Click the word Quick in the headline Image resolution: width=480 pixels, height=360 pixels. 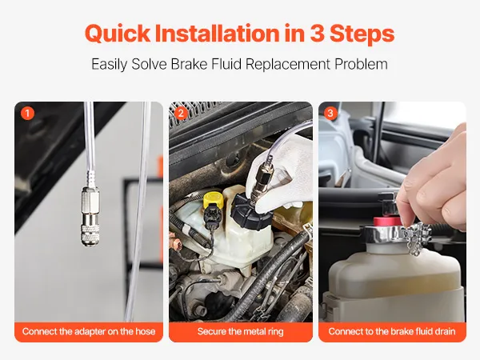(118, 34)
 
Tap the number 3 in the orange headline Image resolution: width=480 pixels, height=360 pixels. (317, 33)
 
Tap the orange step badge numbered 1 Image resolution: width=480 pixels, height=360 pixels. (27, 114)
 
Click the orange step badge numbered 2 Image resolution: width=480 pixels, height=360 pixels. (181, 114)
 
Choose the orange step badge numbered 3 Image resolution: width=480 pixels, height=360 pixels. (330, 114)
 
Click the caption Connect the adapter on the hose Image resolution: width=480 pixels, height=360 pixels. (89, 331)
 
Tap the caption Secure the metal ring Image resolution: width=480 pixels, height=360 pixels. (241, 331)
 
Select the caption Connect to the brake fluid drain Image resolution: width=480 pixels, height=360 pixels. (392, 331)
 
